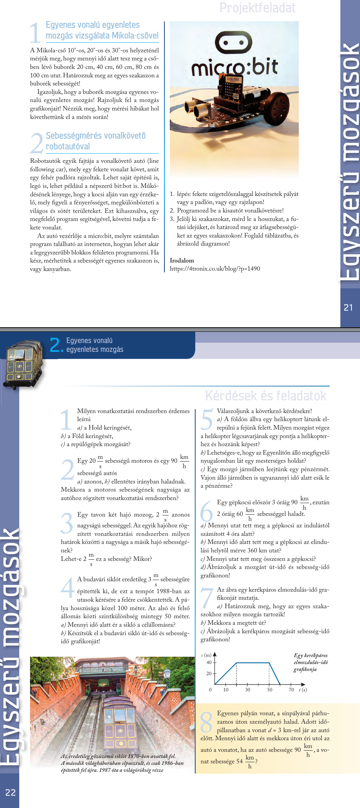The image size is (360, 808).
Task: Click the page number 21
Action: pos(348,308)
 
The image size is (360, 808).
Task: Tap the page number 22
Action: pos(10,792)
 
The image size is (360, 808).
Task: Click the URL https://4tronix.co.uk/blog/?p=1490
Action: pos(215,269)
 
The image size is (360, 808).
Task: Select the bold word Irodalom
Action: pos(182,261)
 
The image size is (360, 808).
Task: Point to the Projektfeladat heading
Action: pos(257,8)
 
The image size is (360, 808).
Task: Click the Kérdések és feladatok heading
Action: pos(265,396)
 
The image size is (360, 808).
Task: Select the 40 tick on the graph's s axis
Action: pos(209,662)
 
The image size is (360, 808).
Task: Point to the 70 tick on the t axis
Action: pos(291,689)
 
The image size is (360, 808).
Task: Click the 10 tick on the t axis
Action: pos(226,689)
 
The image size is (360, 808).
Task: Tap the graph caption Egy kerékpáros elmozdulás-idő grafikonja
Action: pos(310,662)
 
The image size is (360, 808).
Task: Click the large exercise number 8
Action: pos(207,722)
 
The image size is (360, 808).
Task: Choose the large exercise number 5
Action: pos(207,420)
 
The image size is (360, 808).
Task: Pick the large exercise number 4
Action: pos(67,587)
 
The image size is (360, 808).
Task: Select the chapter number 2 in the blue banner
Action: pos(55,345)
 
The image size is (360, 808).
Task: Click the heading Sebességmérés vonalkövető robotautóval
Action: pos(95,141)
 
